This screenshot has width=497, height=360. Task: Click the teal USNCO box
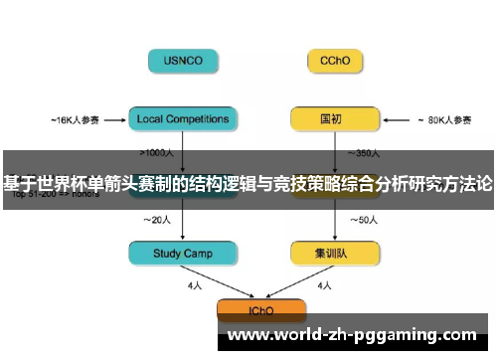[x=183, y=61]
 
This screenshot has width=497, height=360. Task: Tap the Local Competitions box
[x=183, y=119]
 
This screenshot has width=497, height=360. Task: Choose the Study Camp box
[x=183, y=254]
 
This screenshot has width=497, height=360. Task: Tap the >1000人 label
[x=160, y=153]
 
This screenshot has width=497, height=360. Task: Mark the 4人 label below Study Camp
[x=195, y=285]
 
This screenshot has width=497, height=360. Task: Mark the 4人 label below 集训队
[x=323, y=285]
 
